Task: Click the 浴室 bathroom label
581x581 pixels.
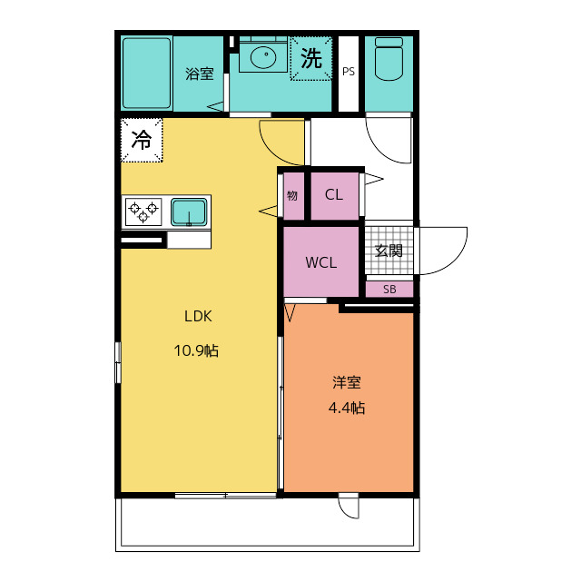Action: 200,74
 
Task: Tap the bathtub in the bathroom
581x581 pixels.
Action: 147,74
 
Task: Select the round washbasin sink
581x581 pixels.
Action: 263,57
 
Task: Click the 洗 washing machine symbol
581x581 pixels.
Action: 310,58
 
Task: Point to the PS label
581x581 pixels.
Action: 349,71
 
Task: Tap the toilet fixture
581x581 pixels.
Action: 389,59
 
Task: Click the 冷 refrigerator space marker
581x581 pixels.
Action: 142,140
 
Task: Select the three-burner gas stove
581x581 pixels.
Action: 143,212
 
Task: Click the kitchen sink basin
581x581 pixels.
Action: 189,212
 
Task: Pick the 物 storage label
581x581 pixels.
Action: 292,195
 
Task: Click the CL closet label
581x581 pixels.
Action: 334,194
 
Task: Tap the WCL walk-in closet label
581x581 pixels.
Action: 320,262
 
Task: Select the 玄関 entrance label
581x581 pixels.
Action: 389,251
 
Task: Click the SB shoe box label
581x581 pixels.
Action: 389,290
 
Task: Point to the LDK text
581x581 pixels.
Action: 198,316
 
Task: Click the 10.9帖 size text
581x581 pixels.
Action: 196,350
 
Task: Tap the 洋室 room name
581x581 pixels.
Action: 347,382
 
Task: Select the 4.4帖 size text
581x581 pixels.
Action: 347,408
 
